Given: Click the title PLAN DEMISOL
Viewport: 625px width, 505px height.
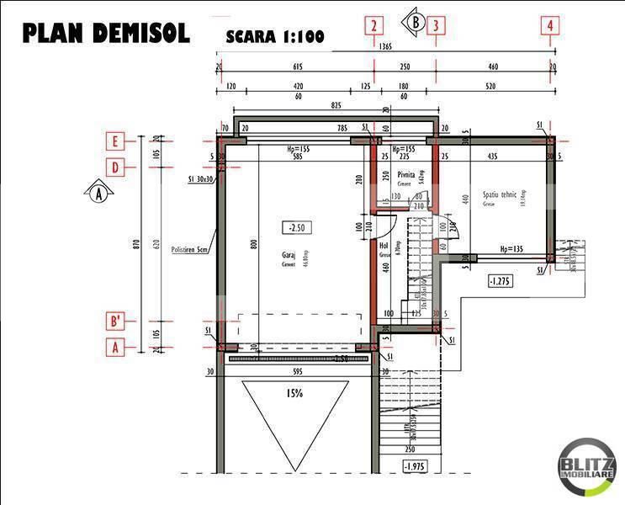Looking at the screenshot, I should pos(105,33).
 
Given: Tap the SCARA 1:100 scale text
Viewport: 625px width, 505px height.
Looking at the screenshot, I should pos(274,37).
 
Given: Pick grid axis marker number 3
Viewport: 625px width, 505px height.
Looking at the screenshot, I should pos(437,25).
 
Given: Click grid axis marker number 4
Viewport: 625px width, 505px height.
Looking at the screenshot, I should pos(550,25).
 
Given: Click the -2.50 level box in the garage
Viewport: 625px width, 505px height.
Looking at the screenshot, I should pos(296,227).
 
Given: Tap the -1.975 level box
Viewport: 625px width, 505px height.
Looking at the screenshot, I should pos(415,465).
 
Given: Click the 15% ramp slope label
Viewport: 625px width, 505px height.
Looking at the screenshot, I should pos(294,392).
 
